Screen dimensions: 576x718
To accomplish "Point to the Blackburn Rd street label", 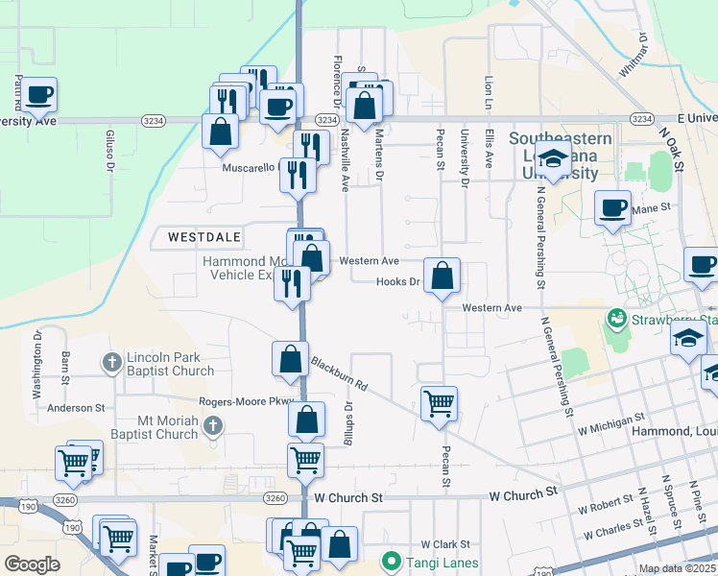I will click(339, 372).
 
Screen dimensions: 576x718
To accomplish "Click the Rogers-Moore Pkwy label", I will click(245, 401).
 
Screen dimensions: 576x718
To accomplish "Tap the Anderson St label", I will click(75, 407).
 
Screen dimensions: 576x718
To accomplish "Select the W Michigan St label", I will click(610, 421).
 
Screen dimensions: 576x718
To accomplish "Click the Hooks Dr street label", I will click(398, 281).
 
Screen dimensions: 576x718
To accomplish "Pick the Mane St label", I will click(651, 206).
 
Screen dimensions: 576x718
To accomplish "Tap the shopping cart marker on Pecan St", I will click(439, 403).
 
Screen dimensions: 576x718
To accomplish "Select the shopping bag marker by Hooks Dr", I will click(442, 276).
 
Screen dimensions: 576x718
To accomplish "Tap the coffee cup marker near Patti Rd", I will click(39, 94).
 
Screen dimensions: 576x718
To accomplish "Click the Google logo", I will click(32, 564).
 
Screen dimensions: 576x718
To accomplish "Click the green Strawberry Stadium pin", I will click(614, 317).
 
